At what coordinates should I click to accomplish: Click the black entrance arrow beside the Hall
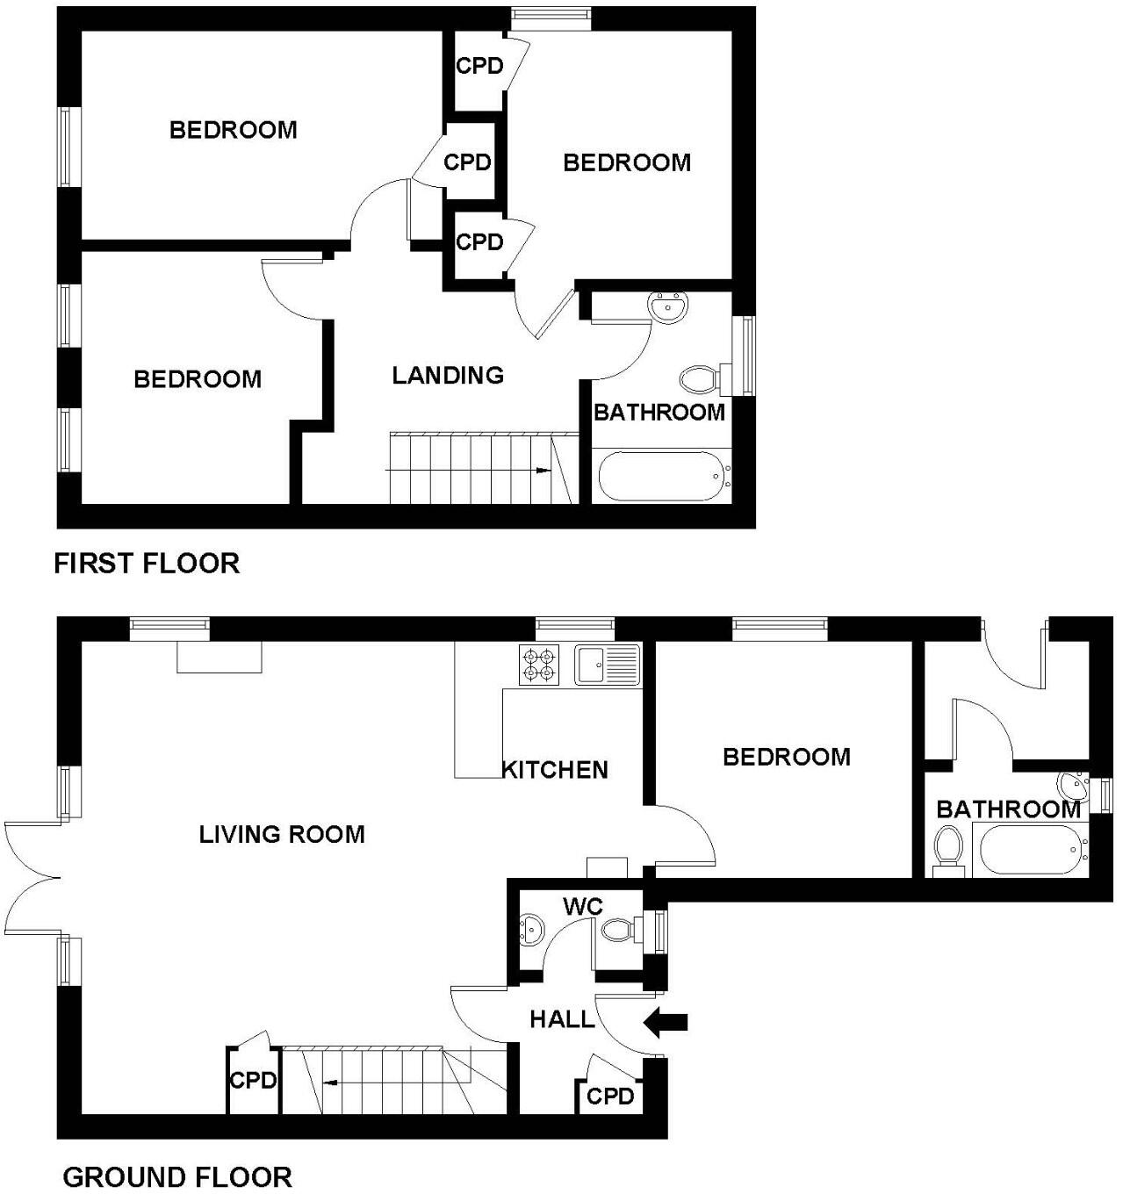click(x=666, y=1021)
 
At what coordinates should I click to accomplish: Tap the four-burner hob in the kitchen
click(x=539, y=665)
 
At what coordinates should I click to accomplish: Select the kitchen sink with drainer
click(x=607, y=665)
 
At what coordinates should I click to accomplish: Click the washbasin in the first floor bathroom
click(x=669, y=308)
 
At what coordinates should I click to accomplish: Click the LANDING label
click(x=448, y=376)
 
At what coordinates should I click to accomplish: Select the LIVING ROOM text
click(x=282, y=834)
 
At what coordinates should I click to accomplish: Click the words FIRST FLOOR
click(x=147, y=563)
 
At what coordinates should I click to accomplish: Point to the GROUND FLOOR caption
click(x=177, y=1176)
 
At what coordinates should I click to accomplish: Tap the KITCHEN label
click(x=555, y=770)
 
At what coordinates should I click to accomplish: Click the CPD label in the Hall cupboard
click(x=610, y=1096)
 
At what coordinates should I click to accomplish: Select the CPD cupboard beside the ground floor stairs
click(x=253, y=1081)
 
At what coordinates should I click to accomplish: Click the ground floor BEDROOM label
click(x=787, y=757)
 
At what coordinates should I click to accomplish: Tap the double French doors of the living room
click(x=31, y=876)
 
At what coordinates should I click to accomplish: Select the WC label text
click(x=583, y=906)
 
